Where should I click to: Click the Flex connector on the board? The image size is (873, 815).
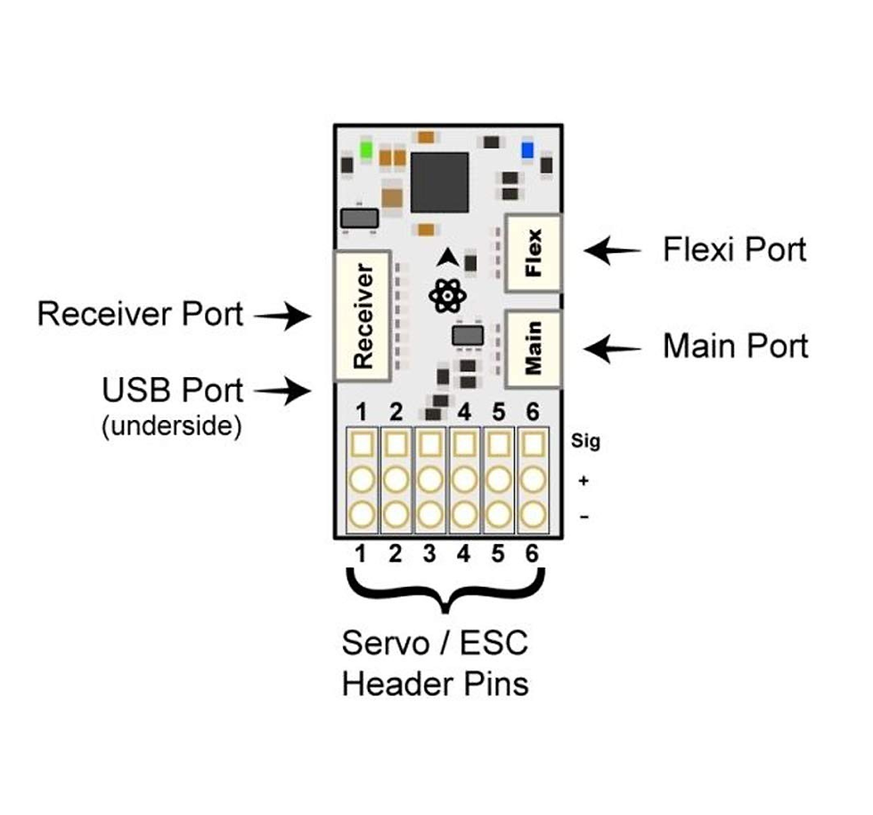point(534,253)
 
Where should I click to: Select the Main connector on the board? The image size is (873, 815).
point(534,349)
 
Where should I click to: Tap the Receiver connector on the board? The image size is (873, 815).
point(363,316)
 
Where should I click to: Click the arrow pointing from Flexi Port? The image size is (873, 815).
point(613,251)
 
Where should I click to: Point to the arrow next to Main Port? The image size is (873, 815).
point(613,348)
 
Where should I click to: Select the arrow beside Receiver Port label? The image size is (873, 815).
point(281,315)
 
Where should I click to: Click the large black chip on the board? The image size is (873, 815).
point(439,182)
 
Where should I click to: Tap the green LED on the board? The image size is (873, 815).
point(366,149)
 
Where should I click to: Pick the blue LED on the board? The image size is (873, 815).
point(528,149)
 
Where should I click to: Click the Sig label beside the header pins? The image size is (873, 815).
point(586,441)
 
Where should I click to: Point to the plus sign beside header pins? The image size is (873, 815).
point(584,481)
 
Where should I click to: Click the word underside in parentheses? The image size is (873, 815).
point(172,426)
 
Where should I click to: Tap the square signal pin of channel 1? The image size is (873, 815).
point(361,442)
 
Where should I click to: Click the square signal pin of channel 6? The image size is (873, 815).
point(533,442)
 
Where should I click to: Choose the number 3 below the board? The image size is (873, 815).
point(429,555)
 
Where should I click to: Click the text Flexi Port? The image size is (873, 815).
point(734,250)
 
